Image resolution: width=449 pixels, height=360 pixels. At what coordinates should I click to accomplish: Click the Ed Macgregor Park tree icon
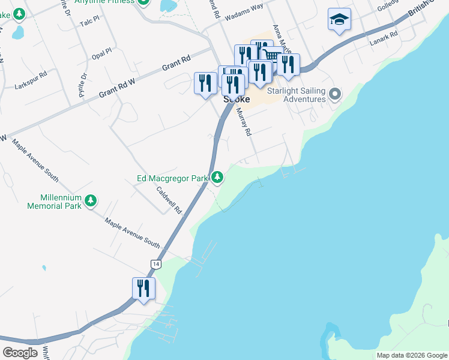coord(217,177)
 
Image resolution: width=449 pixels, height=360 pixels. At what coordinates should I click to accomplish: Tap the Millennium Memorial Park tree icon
coord(91,200)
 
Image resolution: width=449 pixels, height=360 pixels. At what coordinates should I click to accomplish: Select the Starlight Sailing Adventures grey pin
coord(335,94)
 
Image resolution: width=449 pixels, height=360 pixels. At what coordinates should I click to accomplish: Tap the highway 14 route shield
coord(155,264)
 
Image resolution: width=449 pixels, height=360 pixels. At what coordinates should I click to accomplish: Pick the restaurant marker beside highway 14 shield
coord(143,288)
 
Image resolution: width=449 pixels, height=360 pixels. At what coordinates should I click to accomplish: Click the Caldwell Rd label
coord(169,200)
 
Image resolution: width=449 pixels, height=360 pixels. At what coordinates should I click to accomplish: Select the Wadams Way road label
coord(244,15)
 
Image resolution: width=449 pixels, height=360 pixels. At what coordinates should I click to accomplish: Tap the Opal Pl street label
coord(100,53)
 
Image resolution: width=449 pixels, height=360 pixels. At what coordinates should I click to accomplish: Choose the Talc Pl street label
coord(89,23)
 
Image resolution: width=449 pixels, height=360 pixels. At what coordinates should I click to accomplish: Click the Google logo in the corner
coord(20,352)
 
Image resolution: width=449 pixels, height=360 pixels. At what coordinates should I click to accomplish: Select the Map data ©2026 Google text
coord(411,355)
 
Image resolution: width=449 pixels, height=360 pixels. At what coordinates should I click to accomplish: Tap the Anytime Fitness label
coord(107,2)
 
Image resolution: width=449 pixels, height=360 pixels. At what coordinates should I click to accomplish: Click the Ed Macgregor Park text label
coord(172,178)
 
